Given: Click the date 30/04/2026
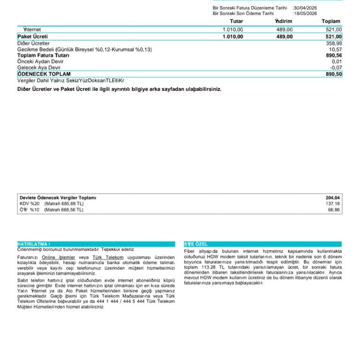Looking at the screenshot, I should click(x=305, y=8).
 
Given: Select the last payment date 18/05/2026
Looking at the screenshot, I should click(x=305, y=14).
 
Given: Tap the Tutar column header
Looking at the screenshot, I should click(x=237, y=21).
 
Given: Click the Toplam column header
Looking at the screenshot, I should click(x=331, y=21).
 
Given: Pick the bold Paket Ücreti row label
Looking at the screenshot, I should click(x=33, y=36).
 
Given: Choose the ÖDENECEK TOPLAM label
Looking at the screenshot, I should click(x=44, y=74).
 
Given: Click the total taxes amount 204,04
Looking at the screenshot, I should click(x=333, y=198).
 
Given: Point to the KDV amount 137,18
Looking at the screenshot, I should click(x=333, y=204).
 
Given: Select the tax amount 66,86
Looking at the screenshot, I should click(x=334, y=210).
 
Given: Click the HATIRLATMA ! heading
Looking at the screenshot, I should click(x=34, y=244).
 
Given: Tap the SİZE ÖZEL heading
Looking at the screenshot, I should click(x=196, y=244).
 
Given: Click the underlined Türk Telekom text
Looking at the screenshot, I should click(x=108, y=257).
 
